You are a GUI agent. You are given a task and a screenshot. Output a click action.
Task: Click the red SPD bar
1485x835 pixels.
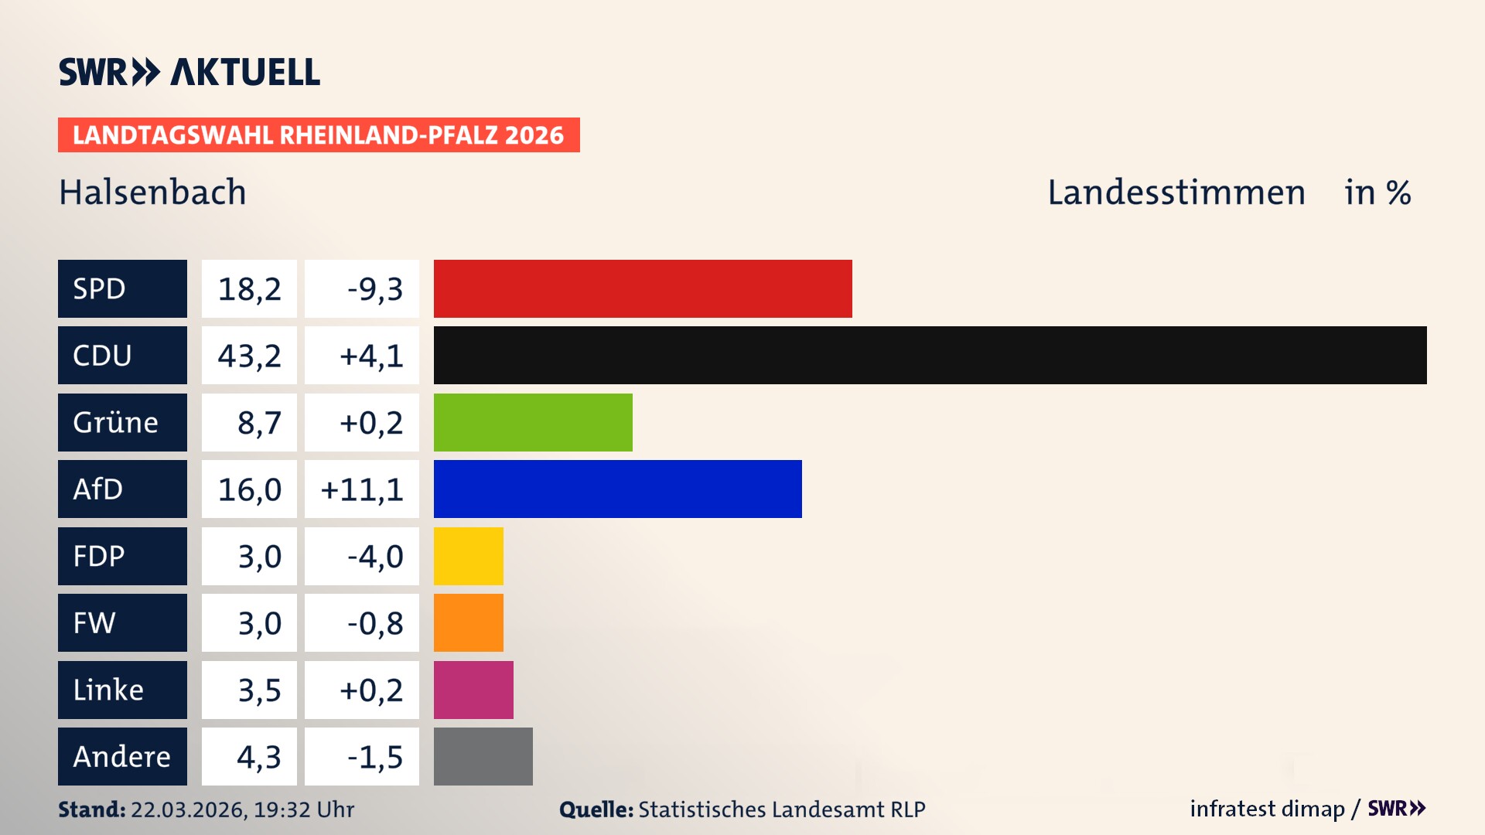(642, 288)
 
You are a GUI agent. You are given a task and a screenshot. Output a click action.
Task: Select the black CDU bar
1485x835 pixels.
(930, 355)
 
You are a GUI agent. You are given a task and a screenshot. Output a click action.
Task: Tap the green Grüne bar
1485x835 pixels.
(533, 422)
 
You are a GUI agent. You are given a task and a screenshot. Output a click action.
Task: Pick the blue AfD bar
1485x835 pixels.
(617, 489)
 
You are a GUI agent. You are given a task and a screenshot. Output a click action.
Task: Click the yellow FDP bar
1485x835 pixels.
(468, 556)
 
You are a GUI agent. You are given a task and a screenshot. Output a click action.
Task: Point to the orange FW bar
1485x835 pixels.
(468, 622)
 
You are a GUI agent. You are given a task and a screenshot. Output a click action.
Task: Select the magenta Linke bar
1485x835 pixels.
(473, 690)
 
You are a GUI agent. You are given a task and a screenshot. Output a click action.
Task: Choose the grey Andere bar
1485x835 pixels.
(483, 756)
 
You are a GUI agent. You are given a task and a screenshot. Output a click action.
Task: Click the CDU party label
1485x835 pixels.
(122, 355)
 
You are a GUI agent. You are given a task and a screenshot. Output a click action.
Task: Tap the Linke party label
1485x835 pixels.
(122, 690)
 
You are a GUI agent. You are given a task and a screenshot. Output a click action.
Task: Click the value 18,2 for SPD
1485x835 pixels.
(249, 288)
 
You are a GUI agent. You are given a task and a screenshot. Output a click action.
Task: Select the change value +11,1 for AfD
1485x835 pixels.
(362, 489)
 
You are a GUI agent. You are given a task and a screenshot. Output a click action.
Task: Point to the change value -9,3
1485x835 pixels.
(374, 288)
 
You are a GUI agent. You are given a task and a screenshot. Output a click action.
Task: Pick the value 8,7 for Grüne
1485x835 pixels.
(258, 422)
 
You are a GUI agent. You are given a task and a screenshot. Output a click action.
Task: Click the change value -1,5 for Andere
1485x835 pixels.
(374, 756)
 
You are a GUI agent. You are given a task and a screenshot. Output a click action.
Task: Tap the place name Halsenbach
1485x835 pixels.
(152, 192)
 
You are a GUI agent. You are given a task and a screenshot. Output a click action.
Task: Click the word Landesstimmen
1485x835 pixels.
(1176, 192)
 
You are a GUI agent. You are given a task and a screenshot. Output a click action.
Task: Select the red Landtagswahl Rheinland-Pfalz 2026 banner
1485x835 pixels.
(319, 135)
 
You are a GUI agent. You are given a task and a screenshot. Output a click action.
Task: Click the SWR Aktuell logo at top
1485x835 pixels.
(189, 72)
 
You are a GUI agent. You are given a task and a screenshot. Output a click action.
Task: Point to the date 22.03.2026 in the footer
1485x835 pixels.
(188, 809)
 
